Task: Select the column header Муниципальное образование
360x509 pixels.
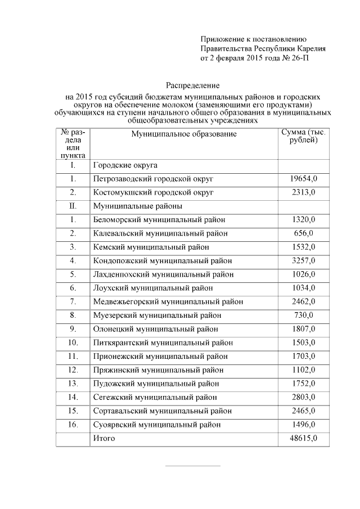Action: (184, 134)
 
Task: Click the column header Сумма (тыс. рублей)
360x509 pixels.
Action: (303, 136)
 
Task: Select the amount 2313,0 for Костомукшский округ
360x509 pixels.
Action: (304, 192)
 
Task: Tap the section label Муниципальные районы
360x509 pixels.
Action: (137, 206)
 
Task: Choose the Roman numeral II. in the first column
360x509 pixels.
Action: (73, 206)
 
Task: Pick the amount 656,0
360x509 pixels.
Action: (304, 233)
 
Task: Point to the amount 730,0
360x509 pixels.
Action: (304, 316)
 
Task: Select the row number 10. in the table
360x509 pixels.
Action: (73, 343)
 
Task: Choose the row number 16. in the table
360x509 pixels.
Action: (73, 425)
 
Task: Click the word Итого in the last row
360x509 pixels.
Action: (104, 438)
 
